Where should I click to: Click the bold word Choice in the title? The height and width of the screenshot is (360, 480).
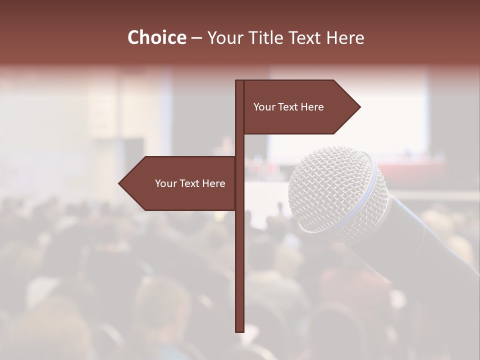156,37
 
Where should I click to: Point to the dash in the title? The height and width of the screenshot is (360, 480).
196,38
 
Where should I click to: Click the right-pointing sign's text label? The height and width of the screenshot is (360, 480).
288,107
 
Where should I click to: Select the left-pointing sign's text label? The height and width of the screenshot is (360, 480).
190,183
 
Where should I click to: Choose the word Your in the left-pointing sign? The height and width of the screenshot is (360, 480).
166,183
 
